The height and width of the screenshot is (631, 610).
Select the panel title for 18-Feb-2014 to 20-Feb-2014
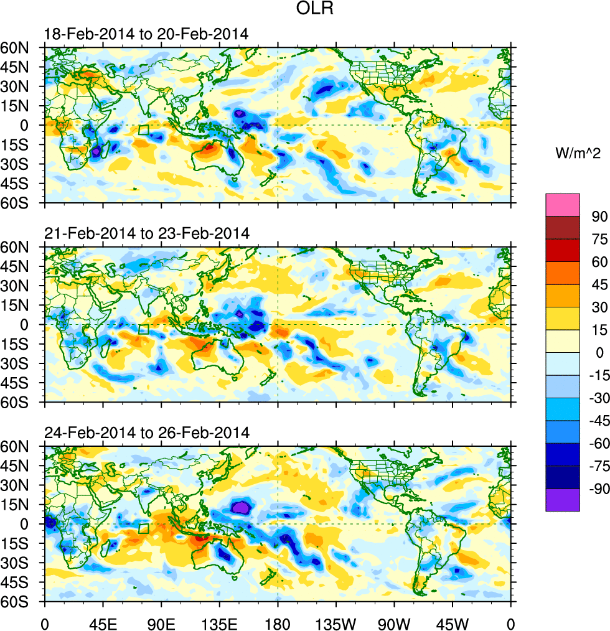pyautogui.click(x=147, y=34)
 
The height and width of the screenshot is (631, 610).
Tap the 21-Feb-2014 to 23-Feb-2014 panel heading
pyautogui.click(x=147, y=234)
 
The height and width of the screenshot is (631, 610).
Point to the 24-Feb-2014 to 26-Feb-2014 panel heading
pyautogui.click(x=147, y=432)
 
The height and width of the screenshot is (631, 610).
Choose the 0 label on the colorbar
pyautogui.click(x=599, y=352)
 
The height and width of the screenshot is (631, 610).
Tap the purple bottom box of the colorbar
pyautogui.click(x=562, y=500)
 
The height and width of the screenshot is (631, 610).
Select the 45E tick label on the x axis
pyautogui.click(x=103, y=622)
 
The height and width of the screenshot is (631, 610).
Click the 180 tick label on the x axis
pyautogui.click(x=278, y=622)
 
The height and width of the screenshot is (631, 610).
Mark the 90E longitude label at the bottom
pyautogui.click(x=161, y=622)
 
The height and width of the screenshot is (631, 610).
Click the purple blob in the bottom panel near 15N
pyautogui.click(x=240, y=507)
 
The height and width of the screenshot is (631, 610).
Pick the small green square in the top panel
pyautogui.click(x=143, y=130)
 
